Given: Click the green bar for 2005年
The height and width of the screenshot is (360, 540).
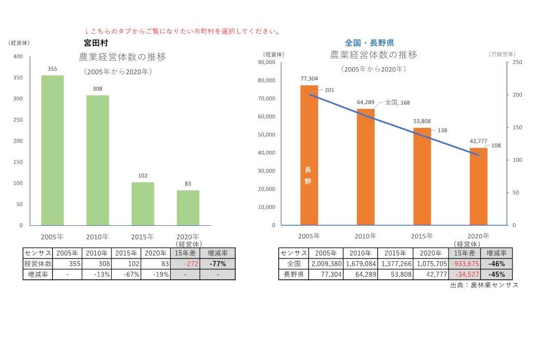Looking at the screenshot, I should [x=53, y=150].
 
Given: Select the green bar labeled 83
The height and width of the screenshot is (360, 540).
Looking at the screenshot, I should [x=188, y=208].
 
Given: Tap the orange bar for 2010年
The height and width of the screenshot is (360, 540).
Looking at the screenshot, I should [x=365, y=166].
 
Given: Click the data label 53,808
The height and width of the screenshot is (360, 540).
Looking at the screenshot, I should [x=422, y=121].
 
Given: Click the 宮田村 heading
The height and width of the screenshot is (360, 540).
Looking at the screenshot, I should [x=96, y=43].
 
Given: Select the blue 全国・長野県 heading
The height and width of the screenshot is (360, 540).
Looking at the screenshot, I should [x=369, y=43].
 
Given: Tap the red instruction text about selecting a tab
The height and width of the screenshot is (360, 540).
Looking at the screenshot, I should [x=183, y=31].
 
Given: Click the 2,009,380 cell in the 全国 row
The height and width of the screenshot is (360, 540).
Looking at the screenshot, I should [x=326, y=264].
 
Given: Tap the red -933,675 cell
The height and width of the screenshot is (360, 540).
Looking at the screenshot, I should [x=465, y=264].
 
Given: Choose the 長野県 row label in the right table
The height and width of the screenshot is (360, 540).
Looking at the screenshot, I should [x=293, y=274].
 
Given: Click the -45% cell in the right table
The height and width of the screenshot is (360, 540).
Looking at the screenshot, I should [x=497, y=274].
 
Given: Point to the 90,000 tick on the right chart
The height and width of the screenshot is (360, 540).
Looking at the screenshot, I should [x=267, y=62].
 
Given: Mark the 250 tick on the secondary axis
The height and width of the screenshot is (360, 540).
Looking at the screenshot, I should [x=510, y=62].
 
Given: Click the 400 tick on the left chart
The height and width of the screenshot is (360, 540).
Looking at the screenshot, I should [x=18, y=57].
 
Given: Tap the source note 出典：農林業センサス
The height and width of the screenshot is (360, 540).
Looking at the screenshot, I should [x=484, y=285].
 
